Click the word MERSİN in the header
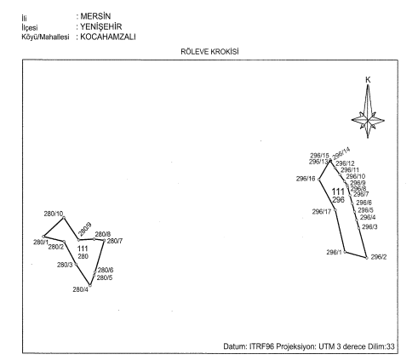tap(95, 16)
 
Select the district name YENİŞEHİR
tap(100, 26)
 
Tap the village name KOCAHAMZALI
tap(108, 37)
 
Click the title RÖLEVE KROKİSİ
tap(209, 52)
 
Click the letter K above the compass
tap(368, 80)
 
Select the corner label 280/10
tap(54, 214)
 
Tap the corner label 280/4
tap(81, 289)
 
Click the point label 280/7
tap(115, 241)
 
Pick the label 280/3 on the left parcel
tap(65, 265)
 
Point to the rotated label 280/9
tap(85, 230)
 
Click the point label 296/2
tap(379, 257)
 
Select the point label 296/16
tap(306, 179)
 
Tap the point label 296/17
tap(322, 212)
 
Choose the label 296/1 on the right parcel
tap(335, 252)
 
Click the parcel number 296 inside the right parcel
tap(338, 200)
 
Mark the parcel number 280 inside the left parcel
tap(83, 256)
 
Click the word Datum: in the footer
tap(235, 346)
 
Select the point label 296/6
tap(364, 203)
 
